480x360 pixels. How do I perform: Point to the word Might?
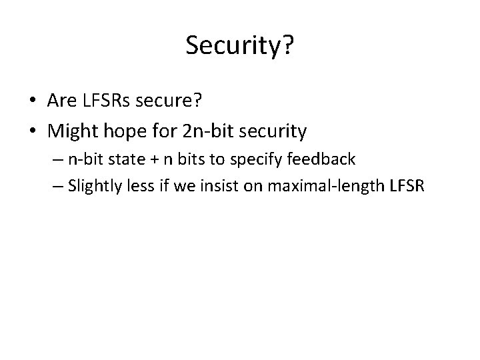70,131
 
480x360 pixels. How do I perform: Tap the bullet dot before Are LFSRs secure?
32,101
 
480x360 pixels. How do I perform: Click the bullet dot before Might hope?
32,132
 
